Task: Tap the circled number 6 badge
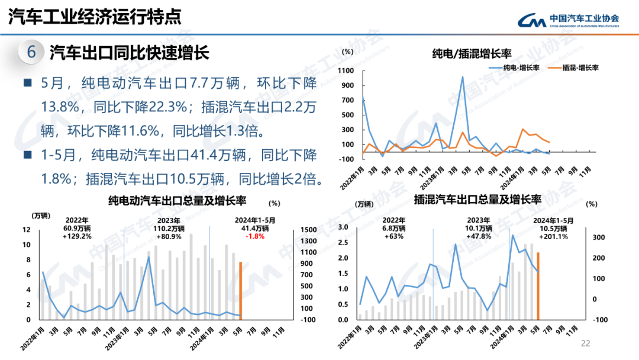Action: tap(31, 53)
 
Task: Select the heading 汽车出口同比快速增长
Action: tap(129, 53)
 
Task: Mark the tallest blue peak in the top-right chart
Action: tap(462, 77)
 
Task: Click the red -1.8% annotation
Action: tap(255, 236)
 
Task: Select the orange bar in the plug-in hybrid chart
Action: tap(538, 285)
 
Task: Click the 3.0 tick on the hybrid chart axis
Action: tap(343, 227)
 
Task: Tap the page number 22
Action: tap(586, 343)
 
